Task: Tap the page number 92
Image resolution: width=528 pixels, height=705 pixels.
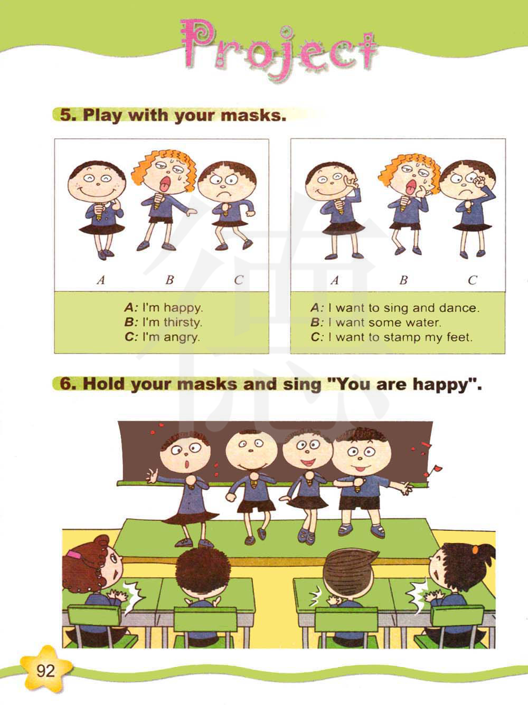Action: pos(45,671)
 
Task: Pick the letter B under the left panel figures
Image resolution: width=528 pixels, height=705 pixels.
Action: pos(169,280)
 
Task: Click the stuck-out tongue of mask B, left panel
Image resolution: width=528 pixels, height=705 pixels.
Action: pos(164,185)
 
